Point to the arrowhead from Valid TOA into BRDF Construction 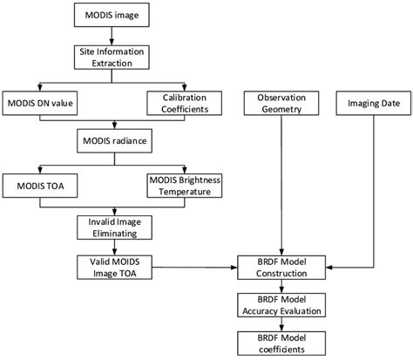(x=235, y=266)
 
